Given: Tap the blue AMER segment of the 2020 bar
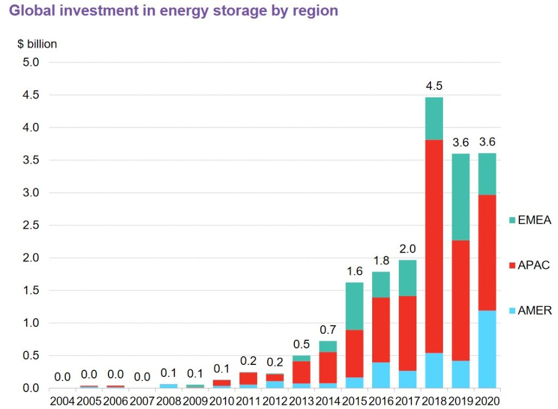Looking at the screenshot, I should coord(487,349).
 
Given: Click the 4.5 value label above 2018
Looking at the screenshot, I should coord(434,86).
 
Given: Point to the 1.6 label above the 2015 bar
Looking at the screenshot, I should coord(354,271).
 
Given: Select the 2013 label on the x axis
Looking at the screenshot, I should coord(301,402).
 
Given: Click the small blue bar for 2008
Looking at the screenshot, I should coord(169,386).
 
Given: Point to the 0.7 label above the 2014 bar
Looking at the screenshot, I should coord(328,330).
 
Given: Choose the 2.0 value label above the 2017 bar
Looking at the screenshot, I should coord(407,249).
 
